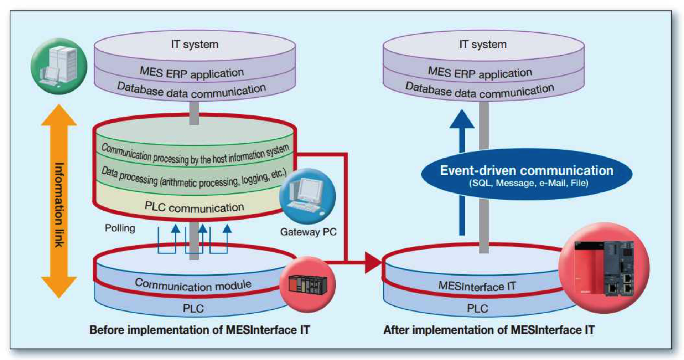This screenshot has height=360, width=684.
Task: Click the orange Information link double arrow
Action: click(x=59, y=201)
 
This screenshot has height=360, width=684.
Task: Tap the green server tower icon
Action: click(x=59, y=66)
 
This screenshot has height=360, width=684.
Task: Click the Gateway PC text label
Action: click(x=308, y=232)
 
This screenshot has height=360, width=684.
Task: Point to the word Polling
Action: click(x=120, y=228)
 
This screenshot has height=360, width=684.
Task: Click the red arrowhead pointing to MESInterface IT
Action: click(x=373, y=263)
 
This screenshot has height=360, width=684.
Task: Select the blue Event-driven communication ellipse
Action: click(x=527, y=174)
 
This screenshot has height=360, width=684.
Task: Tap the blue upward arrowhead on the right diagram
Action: click(x=462, y=119)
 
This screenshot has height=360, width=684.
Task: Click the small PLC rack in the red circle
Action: click(x=307, y=284)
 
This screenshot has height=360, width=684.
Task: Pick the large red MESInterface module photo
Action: click(x=604, y=268)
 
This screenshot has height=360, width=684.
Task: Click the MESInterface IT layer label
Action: click(x=477, y=286)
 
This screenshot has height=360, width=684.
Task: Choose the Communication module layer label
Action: click(x=193, y=284)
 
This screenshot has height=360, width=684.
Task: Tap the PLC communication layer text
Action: click(x=194, y=207)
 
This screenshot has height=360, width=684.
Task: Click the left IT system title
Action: click(x=195, y=45)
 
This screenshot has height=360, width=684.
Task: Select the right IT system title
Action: click(x=483, y=45)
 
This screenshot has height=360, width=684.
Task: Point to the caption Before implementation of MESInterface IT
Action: click(x=199, y=330)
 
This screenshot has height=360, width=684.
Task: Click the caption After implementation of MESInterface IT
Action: click(x=489, y=330)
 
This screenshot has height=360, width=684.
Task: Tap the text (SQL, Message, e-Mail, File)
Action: click(x=528, y=183)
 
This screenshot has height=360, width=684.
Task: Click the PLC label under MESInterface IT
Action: click(x=477, y=308)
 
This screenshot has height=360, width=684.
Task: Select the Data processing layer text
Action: click(x=194, y=178)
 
